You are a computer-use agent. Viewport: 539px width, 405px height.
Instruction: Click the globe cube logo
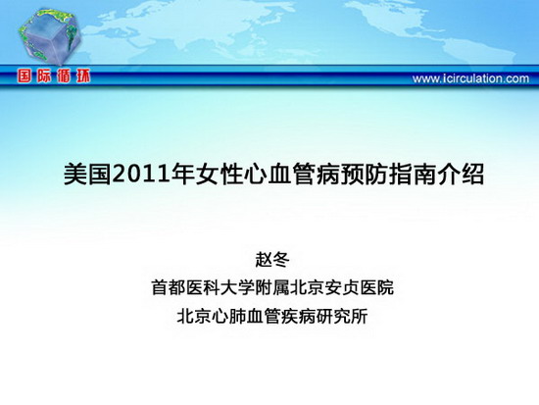(50, 37)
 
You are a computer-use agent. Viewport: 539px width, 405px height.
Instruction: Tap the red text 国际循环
(54, 76)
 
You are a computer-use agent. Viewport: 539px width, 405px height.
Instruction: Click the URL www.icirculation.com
(470, 78)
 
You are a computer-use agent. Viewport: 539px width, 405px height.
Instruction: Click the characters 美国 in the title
(87, 175)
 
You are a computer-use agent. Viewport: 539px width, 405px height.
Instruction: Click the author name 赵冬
(272, 260)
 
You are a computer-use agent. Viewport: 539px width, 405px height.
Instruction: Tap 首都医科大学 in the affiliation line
(203, 287)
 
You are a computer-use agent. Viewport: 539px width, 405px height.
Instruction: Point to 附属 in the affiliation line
(272, 287)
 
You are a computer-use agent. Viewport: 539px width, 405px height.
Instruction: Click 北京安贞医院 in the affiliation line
(342, 287)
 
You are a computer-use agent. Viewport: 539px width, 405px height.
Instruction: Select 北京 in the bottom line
(194, 316)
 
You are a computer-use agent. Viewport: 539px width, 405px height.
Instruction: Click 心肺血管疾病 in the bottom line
(264, 316)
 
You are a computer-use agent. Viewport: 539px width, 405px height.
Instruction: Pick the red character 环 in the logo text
(83, 76)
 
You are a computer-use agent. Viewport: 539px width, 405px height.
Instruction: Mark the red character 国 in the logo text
(24, 76)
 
